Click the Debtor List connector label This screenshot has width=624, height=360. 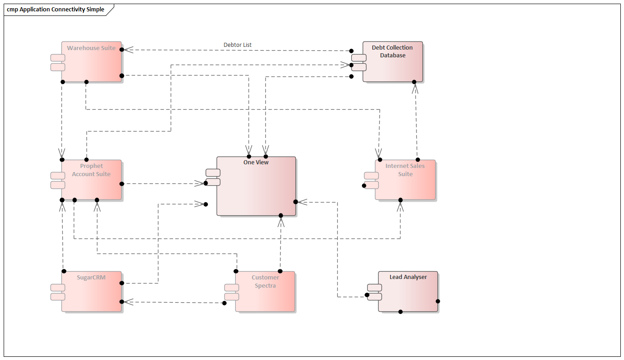pos(238,45)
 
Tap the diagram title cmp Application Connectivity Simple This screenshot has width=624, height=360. pos(56,10)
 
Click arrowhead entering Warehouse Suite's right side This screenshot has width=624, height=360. pos(128,50)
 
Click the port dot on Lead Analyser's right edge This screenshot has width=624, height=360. pos(438,301)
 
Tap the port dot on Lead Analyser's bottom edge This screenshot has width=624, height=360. pos(401,312)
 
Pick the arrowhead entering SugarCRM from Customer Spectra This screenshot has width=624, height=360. pos(128,302)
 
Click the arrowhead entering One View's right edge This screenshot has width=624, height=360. pos(302,202)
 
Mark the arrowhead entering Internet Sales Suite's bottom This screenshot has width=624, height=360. pos(401,206)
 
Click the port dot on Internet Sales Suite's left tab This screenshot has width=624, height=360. pos(364,185)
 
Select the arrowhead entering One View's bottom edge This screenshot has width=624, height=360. pos(281,222)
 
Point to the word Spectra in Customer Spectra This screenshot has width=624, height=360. pos(265,286)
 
